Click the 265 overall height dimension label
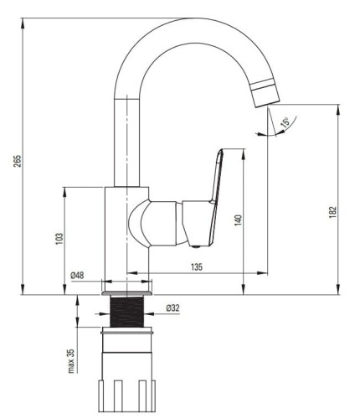tap(18, 161)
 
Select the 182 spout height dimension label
tap(332, 212)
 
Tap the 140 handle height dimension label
tap(238, 220)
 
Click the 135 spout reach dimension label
tap(197, 267)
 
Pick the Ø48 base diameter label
tap(77, 276)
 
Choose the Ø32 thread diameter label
tap(173, 308)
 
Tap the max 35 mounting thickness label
tap(71, 361)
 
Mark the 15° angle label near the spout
tap(285, 122)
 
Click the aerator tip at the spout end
tap(265, 93)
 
